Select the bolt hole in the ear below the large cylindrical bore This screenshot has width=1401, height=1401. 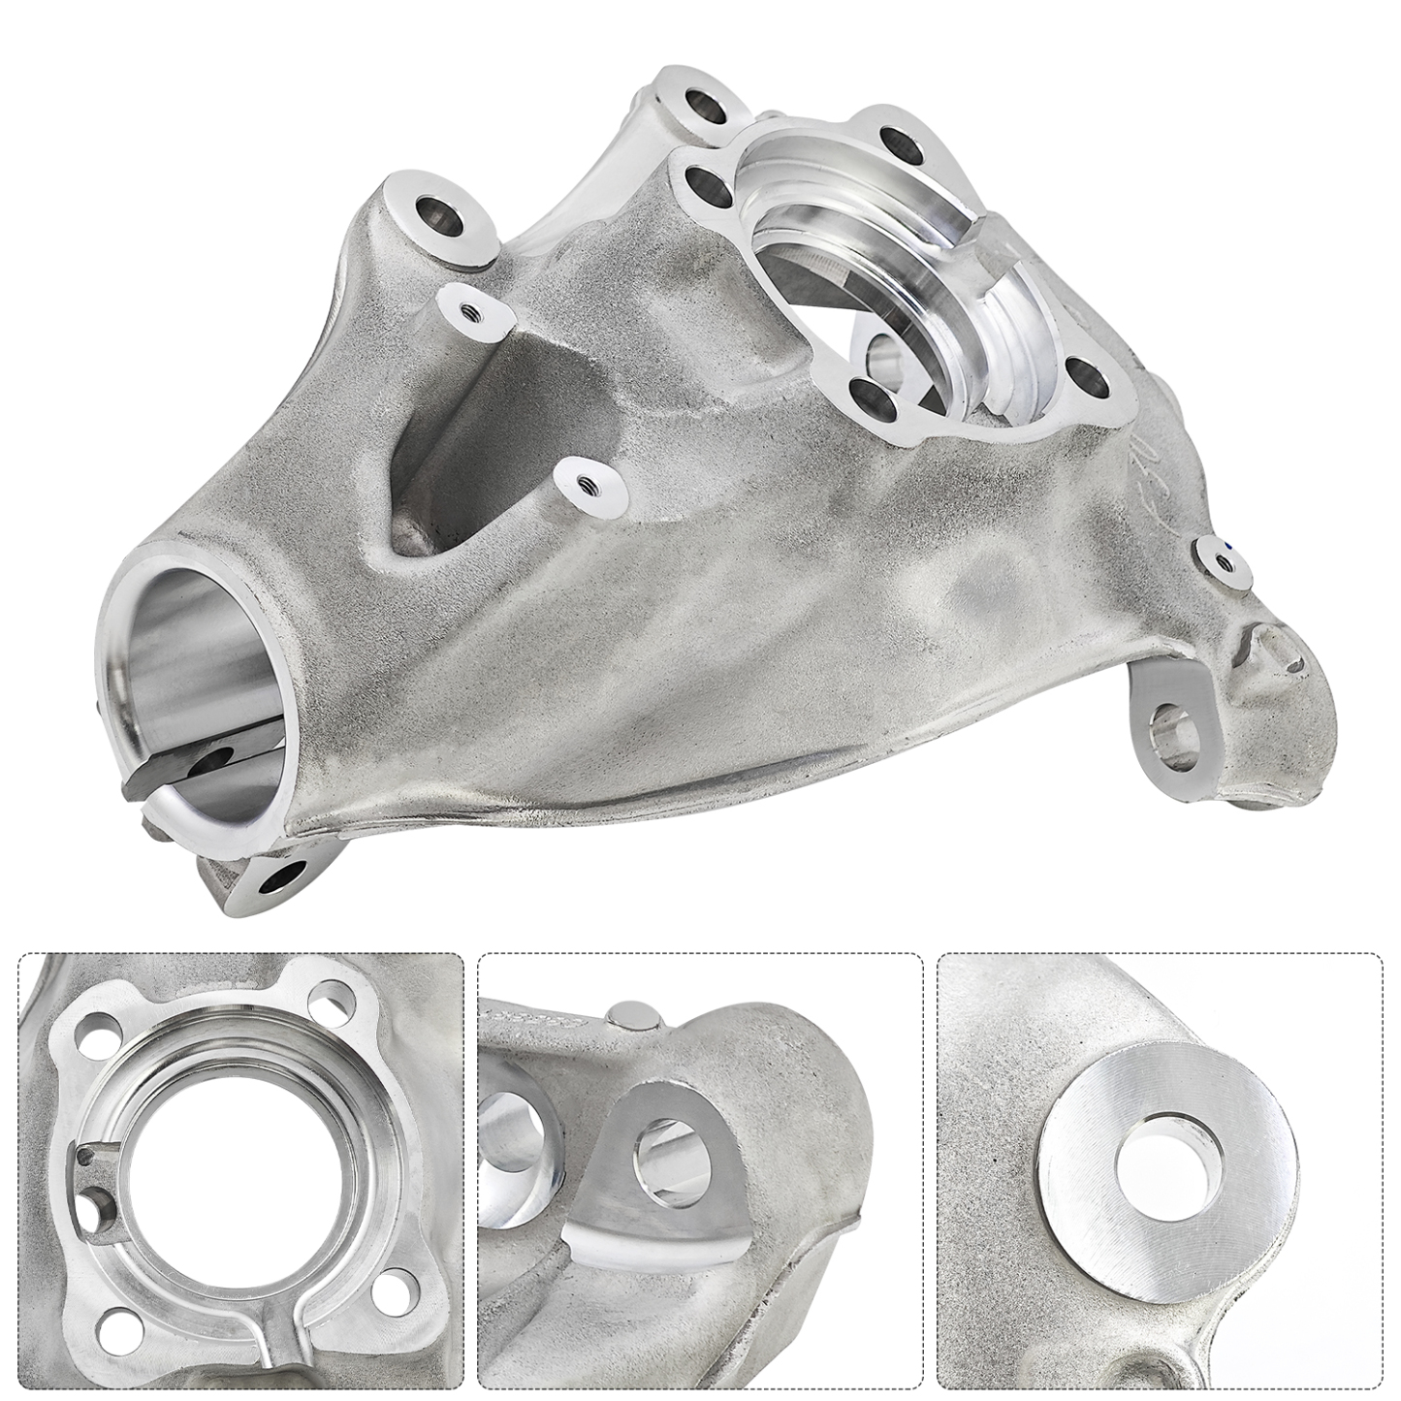274,880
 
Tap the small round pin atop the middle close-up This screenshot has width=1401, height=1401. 632,1012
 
